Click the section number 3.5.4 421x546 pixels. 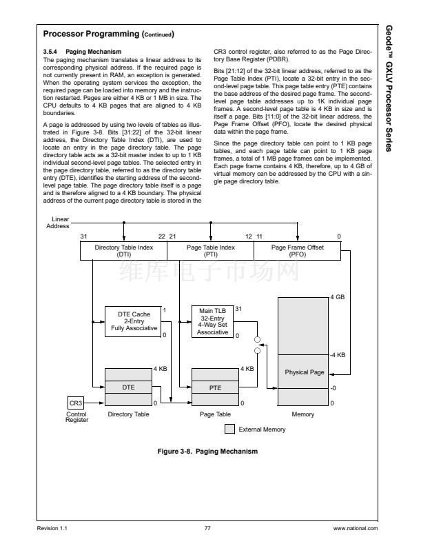click(x=52, y=52)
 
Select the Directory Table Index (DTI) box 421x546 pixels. click(x=124, y=251)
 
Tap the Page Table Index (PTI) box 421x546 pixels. click(x=211, y=251)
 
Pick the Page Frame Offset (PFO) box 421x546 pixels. click(x=297, y=251)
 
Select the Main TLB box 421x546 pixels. click(x=213, y=321)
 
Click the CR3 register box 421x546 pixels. click(x=75, y=403)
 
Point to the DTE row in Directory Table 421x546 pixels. click(x=128, y=387)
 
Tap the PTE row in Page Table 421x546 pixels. click(x=215, y=388)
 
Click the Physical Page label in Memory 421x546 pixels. click(x=304, y=372)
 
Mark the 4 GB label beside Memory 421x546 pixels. click(x=337, y=297)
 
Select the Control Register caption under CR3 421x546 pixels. click(x=76, y=417)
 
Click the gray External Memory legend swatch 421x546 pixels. click(x=230, y=429)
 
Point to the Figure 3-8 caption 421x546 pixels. click(x=207, y=452)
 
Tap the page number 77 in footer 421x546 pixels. click(x=207, y=529)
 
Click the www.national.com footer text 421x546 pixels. click(x=356, y=529)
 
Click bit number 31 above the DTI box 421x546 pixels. click(x=83, y=236)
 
